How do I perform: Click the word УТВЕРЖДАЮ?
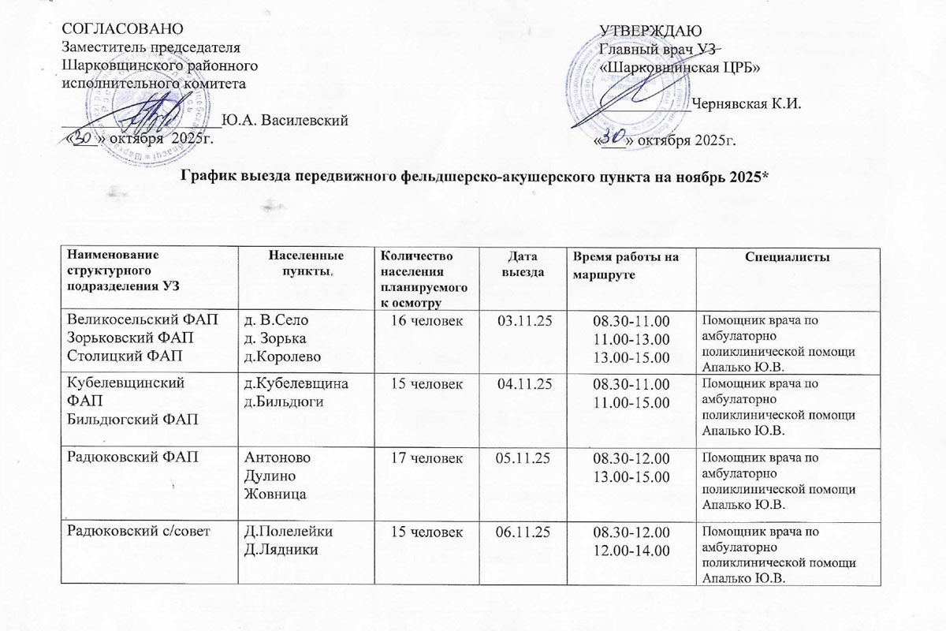[646, 31]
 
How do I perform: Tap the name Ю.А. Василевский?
[285, 121]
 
